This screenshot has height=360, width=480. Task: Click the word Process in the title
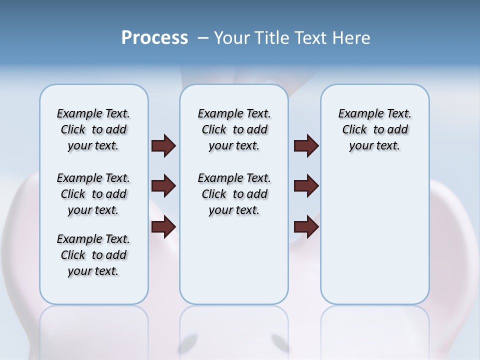(154, 37)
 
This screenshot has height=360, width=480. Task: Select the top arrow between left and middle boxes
(163, 145)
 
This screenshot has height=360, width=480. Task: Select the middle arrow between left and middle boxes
(163, 186)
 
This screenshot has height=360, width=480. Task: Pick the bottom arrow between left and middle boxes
(163, 226)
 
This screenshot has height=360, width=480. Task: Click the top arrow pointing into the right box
(306, 145)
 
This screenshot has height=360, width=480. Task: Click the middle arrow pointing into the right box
(306, 186)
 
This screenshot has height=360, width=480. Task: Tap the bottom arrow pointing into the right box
(306, 226)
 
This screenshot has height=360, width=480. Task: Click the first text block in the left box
(93, 129)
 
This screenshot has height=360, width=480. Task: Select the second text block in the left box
(93, 194)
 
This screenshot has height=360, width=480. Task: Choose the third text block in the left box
(93, 255)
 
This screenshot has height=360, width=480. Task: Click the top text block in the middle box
(234, 129)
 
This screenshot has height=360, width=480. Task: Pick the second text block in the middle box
(234, 194)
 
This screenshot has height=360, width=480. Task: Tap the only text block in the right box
(375, 129)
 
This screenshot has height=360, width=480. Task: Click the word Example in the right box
(357, 114)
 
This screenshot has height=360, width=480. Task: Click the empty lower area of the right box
(375, 240)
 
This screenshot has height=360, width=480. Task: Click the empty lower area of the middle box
(234, 260)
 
